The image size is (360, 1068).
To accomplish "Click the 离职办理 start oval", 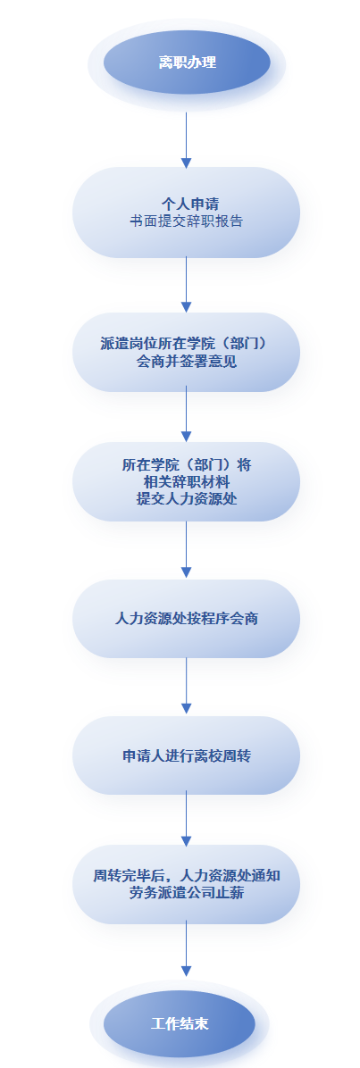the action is [x=187, y=63].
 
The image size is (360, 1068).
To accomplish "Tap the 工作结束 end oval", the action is [x=180, y=1023].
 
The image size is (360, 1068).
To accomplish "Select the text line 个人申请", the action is [x=186, y=204].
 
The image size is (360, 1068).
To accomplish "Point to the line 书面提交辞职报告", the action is [x=186, y=221].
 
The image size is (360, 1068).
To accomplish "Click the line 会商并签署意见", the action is [x=186, y=362].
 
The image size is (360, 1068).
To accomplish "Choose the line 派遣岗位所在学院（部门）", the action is [x=186, y=343].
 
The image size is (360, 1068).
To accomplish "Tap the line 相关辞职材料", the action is [x=186, y=481].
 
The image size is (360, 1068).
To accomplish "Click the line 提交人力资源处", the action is [x=186, y=498].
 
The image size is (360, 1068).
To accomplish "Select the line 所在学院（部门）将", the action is [x=186, y=464].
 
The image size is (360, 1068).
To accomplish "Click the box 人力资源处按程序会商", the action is [x=186, y=619].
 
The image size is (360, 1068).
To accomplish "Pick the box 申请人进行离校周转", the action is [x=186, y=755].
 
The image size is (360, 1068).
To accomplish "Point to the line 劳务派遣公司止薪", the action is [x=186, y=893].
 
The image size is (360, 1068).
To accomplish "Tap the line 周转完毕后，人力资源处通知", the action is [x=186, y=876].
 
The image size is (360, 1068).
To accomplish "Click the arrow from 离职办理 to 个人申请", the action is [x=186, y=140].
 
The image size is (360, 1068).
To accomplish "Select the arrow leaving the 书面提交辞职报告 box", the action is [x=186, y=285].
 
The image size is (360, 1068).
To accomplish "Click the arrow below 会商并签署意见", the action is [x=186, y=414].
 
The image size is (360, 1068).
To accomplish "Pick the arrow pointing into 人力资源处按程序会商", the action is [x=186, y=550].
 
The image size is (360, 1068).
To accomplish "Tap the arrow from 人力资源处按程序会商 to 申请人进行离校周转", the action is [x=186, y=686].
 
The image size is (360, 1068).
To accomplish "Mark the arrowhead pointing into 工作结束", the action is [x=186, y=971].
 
